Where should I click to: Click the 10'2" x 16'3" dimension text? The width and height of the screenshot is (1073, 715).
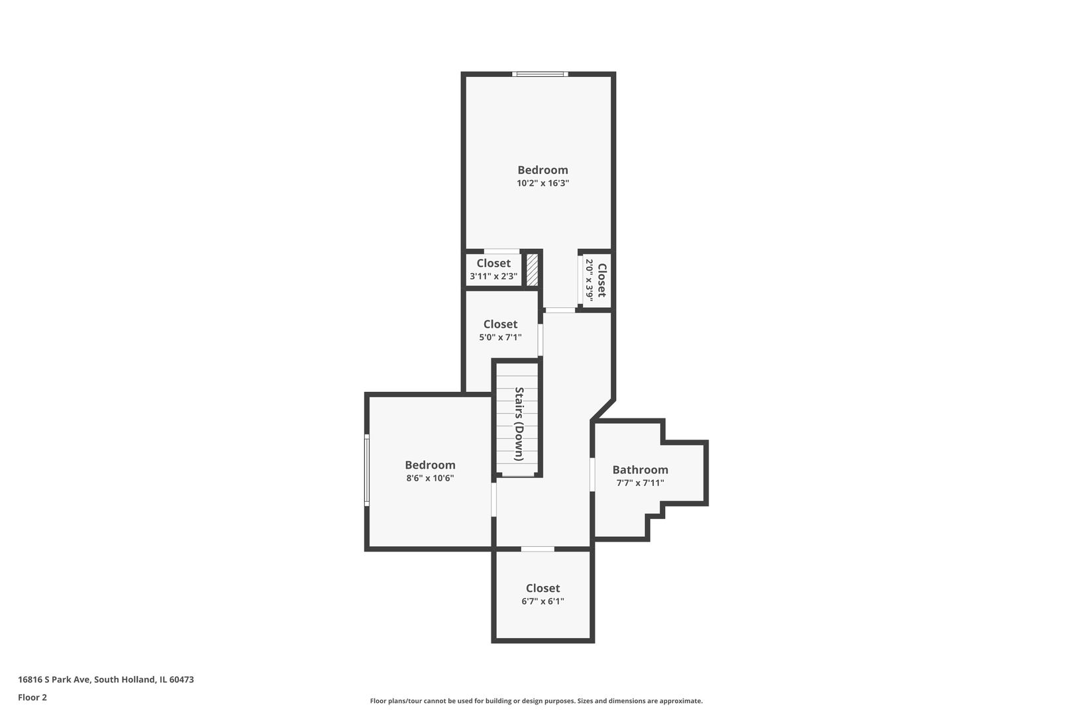(x=542, y=183)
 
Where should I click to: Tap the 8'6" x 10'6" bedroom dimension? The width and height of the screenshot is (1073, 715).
(x=430, y=478)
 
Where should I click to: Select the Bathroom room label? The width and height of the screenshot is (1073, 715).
(x=640, y=469)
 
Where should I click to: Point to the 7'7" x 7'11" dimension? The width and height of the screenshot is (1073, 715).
(x=640, y=483)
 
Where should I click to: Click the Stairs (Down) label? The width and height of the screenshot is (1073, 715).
(x=519, y=424)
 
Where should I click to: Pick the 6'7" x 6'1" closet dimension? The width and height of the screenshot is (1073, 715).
(x=542, y=601)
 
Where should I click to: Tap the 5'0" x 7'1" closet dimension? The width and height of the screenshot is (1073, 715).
(x=500, y=337)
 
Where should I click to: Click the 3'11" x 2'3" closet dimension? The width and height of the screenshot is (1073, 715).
(x=493, y=276)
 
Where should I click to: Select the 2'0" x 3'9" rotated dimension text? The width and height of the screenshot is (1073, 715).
(x=589, y=280)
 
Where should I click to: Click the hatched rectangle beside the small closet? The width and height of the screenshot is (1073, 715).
(x=532, y=270)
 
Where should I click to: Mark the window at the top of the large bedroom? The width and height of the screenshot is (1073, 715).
(x=540, y=74)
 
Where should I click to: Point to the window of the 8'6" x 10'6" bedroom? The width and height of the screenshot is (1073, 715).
(x=367, y=470)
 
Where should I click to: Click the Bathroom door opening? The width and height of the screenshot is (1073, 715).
(x=592, y=474)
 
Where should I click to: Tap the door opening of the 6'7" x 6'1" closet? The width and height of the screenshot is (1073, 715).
(x=537, y=549)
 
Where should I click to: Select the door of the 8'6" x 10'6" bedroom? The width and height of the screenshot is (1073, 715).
(x=494, y=499)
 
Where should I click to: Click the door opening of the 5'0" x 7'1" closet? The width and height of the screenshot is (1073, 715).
(x=540, y=340)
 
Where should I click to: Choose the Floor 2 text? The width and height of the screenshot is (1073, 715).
(x=32, y=697)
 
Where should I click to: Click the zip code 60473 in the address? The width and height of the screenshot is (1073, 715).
(x=181, y=679)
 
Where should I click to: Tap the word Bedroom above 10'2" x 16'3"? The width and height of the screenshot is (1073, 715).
(x=542, y=170)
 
